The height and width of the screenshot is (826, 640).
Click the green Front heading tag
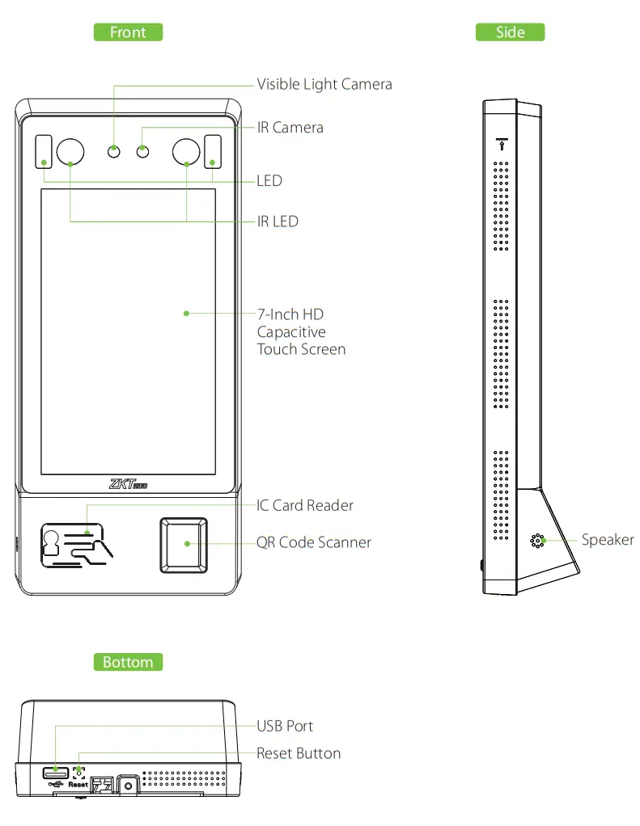[128, 32]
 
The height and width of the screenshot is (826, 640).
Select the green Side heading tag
[510, 32]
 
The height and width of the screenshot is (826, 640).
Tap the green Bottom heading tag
[128, 662]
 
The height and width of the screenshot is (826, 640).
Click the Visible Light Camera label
[324, 84]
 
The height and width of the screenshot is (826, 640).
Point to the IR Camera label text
[290, 128]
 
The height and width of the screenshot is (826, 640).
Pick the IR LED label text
[278, 221]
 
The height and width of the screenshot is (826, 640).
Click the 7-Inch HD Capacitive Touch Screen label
[301, 331]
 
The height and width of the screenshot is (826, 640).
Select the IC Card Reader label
[305, 505]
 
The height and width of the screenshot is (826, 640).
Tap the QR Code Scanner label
[314, 542]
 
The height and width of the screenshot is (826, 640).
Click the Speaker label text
[608, 540]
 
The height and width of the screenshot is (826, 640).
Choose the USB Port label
[285, 726]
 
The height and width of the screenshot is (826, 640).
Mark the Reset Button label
[299, 753]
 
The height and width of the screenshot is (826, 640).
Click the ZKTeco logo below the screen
[127, 484]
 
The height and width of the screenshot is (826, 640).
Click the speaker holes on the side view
[536, 541]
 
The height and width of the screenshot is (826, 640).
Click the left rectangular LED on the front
[42, 151]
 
